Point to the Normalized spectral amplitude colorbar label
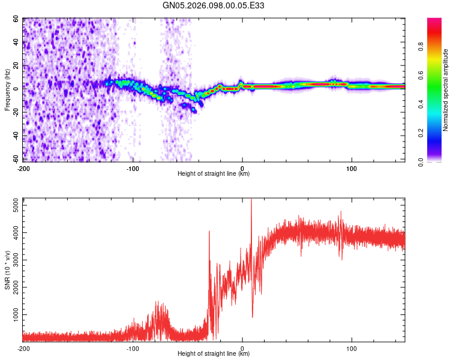pos(446,90)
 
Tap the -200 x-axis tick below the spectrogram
pos(24,169)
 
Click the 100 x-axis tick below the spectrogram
pos(351,169)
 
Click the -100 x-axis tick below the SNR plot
pos(133,348)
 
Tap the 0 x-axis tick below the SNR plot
pos(242,348)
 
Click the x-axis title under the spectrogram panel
pos(214,174)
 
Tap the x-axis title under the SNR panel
pos(214,354)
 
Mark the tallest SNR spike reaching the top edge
pos(251,202)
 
